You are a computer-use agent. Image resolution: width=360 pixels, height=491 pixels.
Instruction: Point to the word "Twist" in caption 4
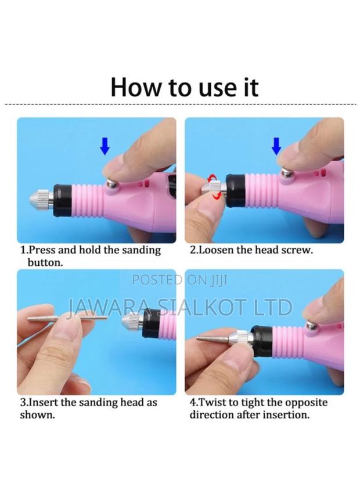pos(211,402)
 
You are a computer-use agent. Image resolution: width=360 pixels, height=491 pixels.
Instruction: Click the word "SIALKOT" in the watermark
pos(192,306)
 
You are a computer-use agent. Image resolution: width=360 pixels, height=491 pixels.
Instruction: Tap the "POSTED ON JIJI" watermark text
pos(180,280)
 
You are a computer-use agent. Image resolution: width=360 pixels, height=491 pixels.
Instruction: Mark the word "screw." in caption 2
pos(298,251)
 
